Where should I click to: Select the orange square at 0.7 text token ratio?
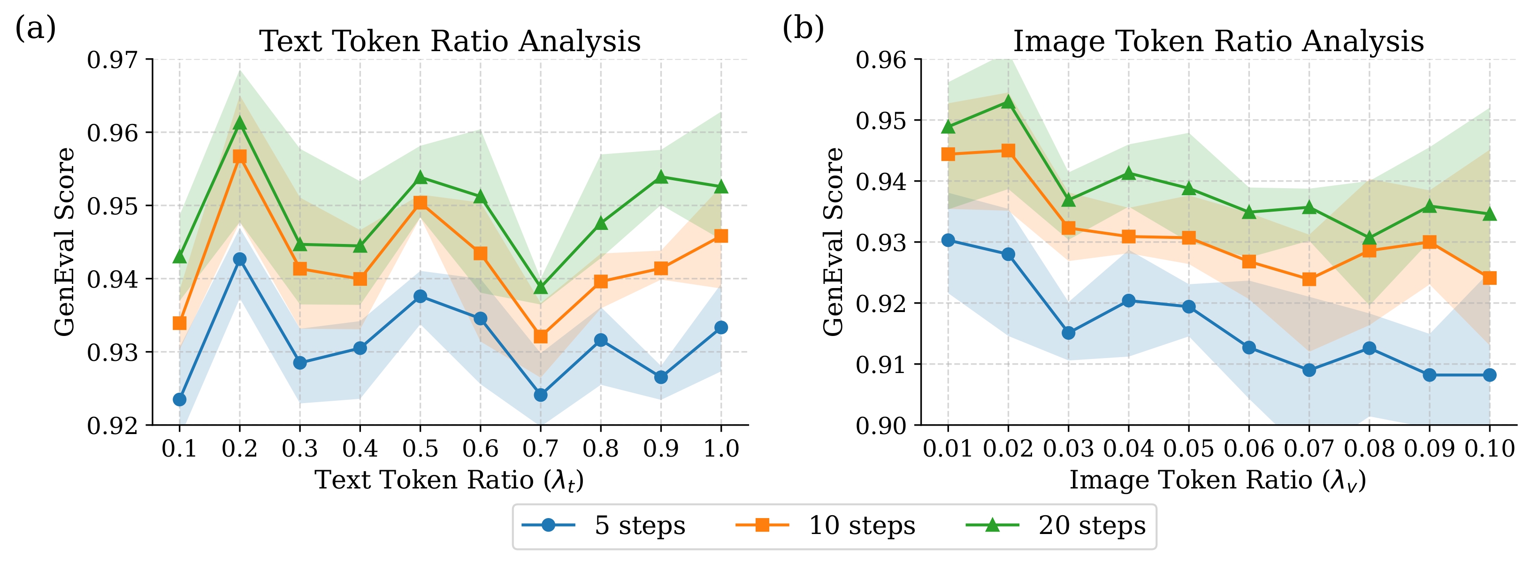(540, 337)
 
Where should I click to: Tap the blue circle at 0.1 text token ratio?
(179, 399)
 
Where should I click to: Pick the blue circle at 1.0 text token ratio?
(721, 327)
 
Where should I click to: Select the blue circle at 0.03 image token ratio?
(1069, 333)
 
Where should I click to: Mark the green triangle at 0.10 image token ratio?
(1489, 214)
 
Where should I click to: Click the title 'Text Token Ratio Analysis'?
(450, 42)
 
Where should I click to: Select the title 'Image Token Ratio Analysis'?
(1218, 42)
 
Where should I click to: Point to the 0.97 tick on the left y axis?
(112, 60)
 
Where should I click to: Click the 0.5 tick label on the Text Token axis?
(420, 449)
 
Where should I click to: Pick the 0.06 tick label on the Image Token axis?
(1249, 449)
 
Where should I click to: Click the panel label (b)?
(803, 28)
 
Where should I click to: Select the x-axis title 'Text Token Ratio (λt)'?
(449, 480)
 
